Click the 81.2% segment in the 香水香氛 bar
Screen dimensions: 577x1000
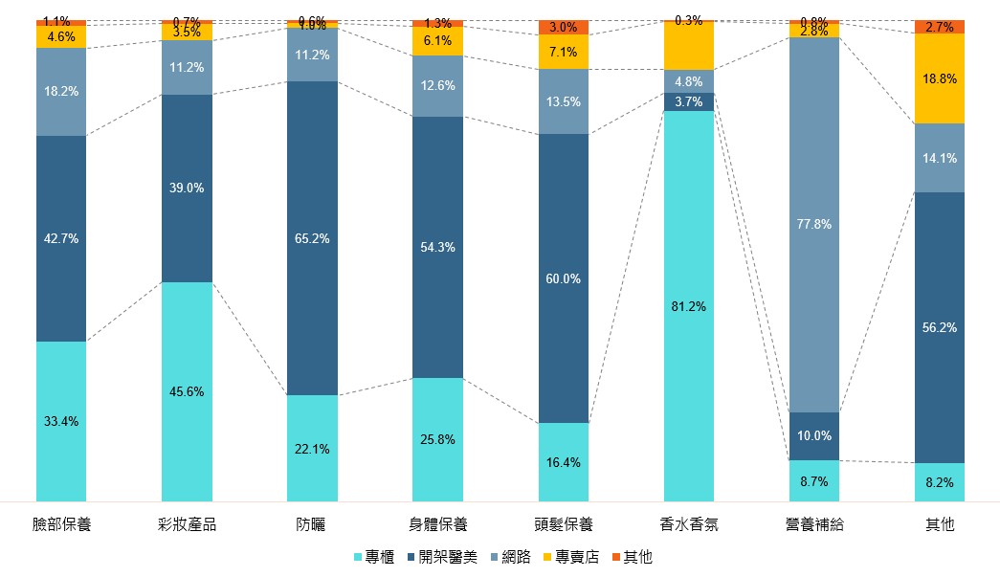[688, 306]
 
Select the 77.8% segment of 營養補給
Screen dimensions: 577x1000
[813, 224]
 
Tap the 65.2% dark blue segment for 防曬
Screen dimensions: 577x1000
[312, 238]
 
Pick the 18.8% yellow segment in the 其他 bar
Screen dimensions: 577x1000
[939, 78]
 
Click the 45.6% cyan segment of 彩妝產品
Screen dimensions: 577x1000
[187, 390]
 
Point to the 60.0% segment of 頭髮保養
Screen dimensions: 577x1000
[563, 278]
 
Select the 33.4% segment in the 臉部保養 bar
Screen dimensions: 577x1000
[61, 421]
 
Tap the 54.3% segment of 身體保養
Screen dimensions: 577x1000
[437, 247]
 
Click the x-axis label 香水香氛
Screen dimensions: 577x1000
[688, 524]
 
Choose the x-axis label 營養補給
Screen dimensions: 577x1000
[813, 524]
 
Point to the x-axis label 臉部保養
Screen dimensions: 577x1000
[61, 524]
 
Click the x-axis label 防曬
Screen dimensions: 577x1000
[312, 524]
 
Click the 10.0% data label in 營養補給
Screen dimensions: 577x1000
[813, 435]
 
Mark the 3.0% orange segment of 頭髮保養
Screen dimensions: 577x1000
[563, 28]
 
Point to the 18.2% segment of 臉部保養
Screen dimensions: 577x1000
[61, 92]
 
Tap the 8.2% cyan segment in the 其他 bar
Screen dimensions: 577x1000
[939, 482]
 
